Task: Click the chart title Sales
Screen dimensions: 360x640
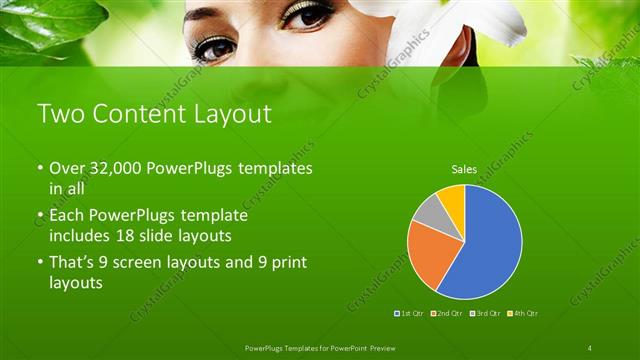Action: [x=464, y=170]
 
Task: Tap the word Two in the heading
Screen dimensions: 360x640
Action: [x=58, y=114]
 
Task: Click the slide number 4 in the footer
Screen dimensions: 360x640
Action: [x=590, y=347]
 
